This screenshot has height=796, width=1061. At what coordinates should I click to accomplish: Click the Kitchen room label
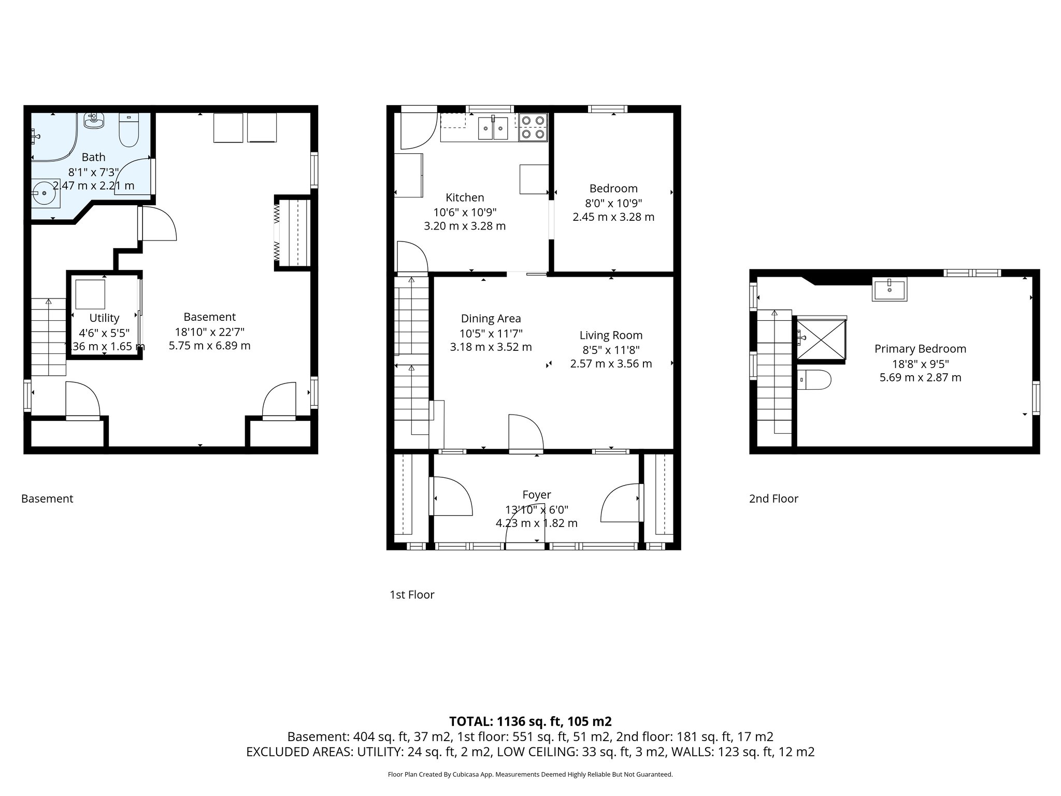coord(465,197)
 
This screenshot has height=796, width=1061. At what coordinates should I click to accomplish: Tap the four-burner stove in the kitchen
coord(533,127)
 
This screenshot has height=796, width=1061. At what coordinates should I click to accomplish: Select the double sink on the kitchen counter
coord(493,129)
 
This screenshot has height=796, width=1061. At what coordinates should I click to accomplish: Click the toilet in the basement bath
coord(128,130)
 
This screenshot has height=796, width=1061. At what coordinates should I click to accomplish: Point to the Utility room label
coord(104,318)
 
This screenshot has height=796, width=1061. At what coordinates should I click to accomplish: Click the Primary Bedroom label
coord(920,349)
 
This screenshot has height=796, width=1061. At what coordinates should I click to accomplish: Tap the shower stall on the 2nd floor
coord(821,337)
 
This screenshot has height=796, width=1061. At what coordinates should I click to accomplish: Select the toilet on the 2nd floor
coord(814,379)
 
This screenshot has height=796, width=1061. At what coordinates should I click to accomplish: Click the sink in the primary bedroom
coord(890,289)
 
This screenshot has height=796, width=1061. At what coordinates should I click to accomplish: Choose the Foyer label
coord(536,495)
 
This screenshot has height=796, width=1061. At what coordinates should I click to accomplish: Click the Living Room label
coord(611,335)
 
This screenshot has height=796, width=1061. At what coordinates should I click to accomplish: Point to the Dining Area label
coord(491,319)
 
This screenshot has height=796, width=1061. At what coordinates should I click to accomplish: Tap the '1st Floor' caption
coord(412,595)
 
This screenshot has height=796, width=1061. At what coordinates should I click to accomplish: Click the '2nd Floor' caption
coord(773,499)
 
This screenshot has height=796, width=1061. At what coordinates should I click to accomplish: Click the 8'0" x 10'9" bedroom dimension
coord(613,203)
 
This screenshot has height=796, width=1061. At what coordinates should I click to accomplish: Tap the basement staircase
coord(49,337)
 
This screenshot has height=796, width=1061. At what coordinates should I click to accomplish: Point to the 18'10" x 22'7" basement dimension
coord(209,332)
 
